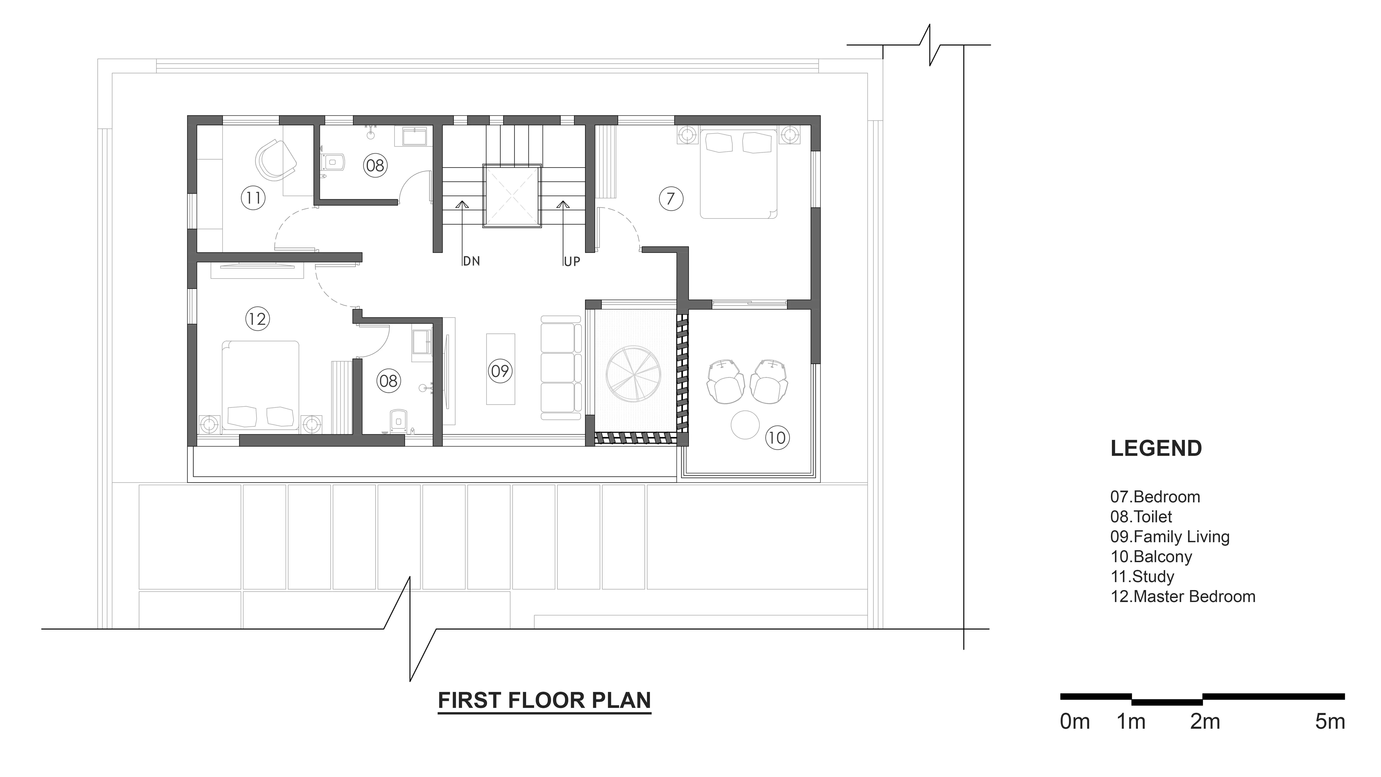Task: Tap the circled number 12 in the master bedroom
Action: pos(257,319)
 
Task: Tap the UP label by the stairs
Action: pos(571,262)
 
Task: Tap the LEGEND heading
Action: pos(1156,448)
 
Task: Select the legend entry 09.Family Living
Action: pos(1170,537)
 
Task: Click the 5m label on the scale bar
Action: pos(1330,722)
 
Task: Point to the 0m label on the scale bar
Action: pos(1075,722)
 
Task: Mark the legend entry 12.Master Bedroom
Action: pos(1183,596)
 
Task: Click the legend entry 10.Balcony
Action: pos(1151,557)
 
